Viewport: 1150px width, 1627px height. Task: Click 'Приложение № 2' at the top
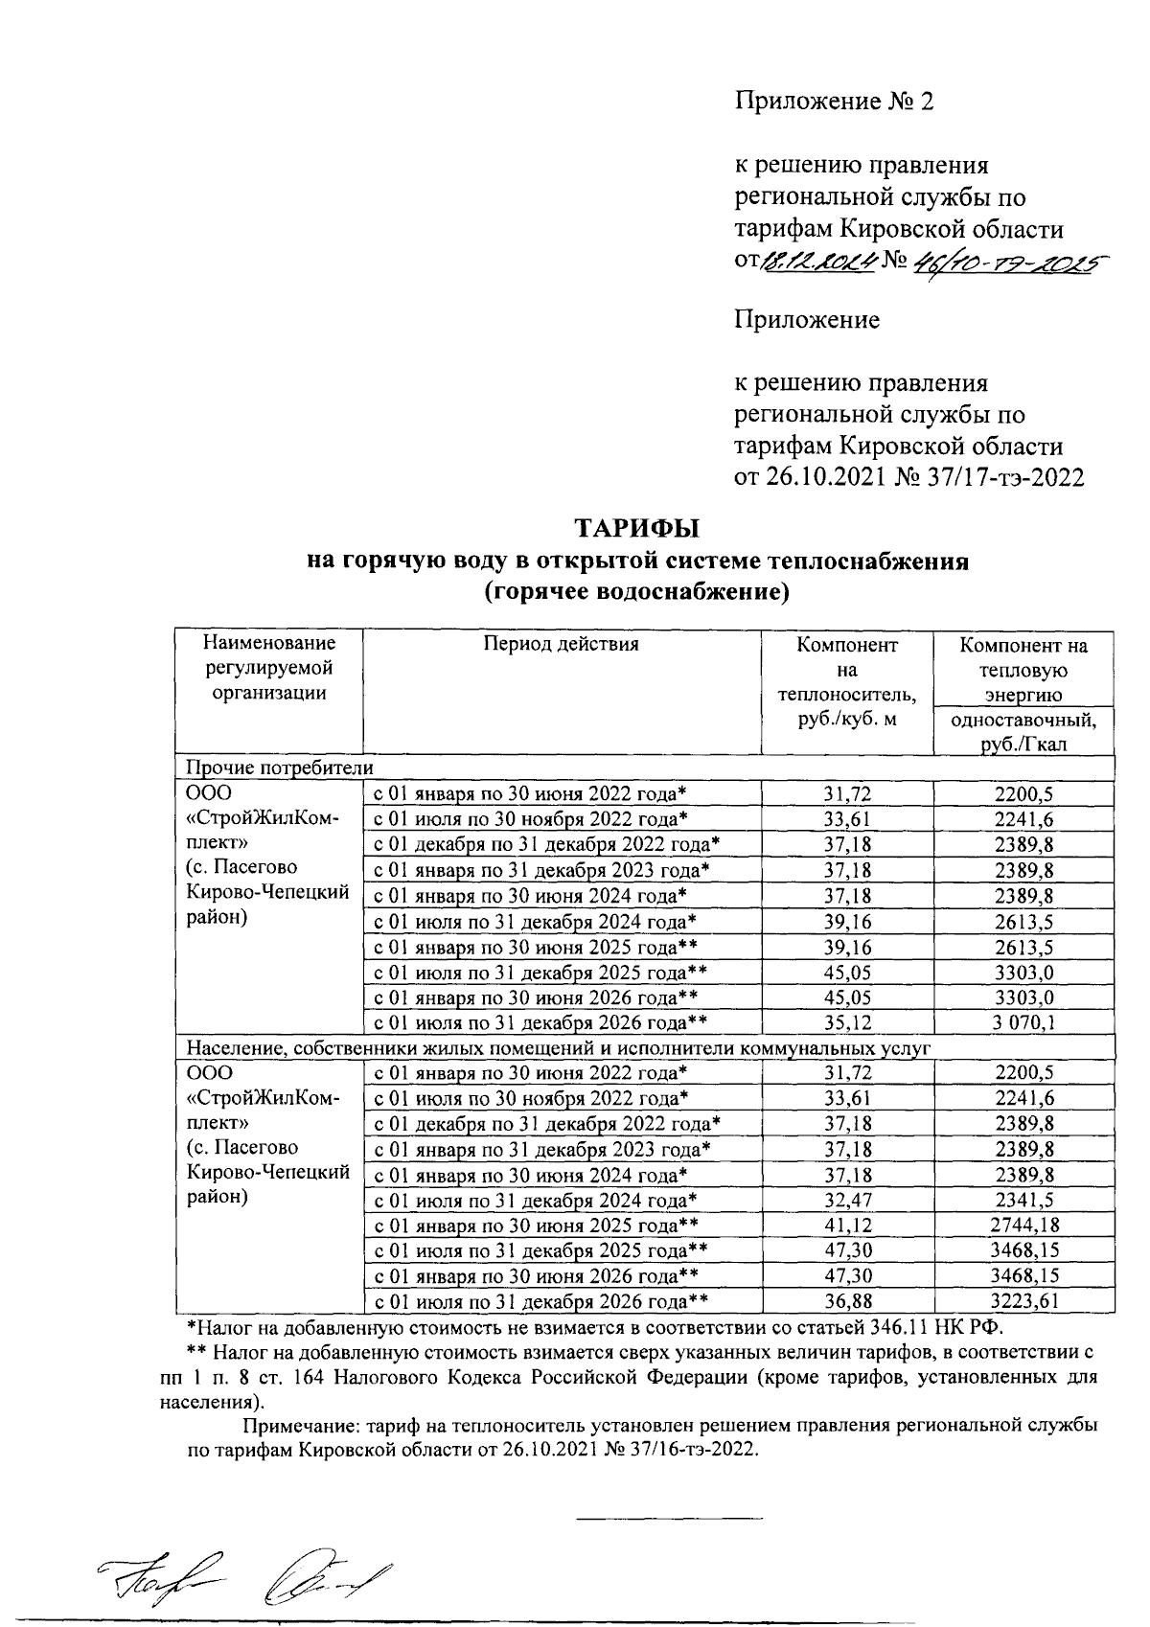pyautogui.click(x=833, y=101)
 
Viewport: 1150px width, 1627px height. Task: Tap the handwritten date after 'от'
pyautogui.click(x=816, y=261)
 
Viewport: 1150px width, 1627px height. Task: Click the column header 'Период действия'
pyautogui.click(x=561, y=644)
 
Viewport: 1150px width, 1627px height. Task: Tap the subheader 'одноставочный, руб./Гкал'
pyautogui.click(x=1023, y=732)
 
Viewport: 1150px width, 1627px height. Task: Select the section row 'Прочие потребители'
pyautogui.click(x=279, y=768)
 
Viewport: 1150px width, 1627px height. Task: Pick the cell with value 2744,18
pyautogui.click(x=1024, y=1226)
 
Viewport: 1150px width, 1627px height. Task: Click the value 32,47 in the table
pyautogui.click(x=846, y=1201)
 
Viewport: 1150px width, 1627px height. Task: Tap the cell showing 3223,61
pyautogui.click(x=1024, y=1301)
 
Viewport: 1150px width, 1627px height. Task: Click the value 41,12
pyautogui.click(x=846, y=1226)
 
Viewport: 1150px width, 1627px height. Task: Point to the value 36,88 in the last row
pyautogui.click(x=846, y=1301)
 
